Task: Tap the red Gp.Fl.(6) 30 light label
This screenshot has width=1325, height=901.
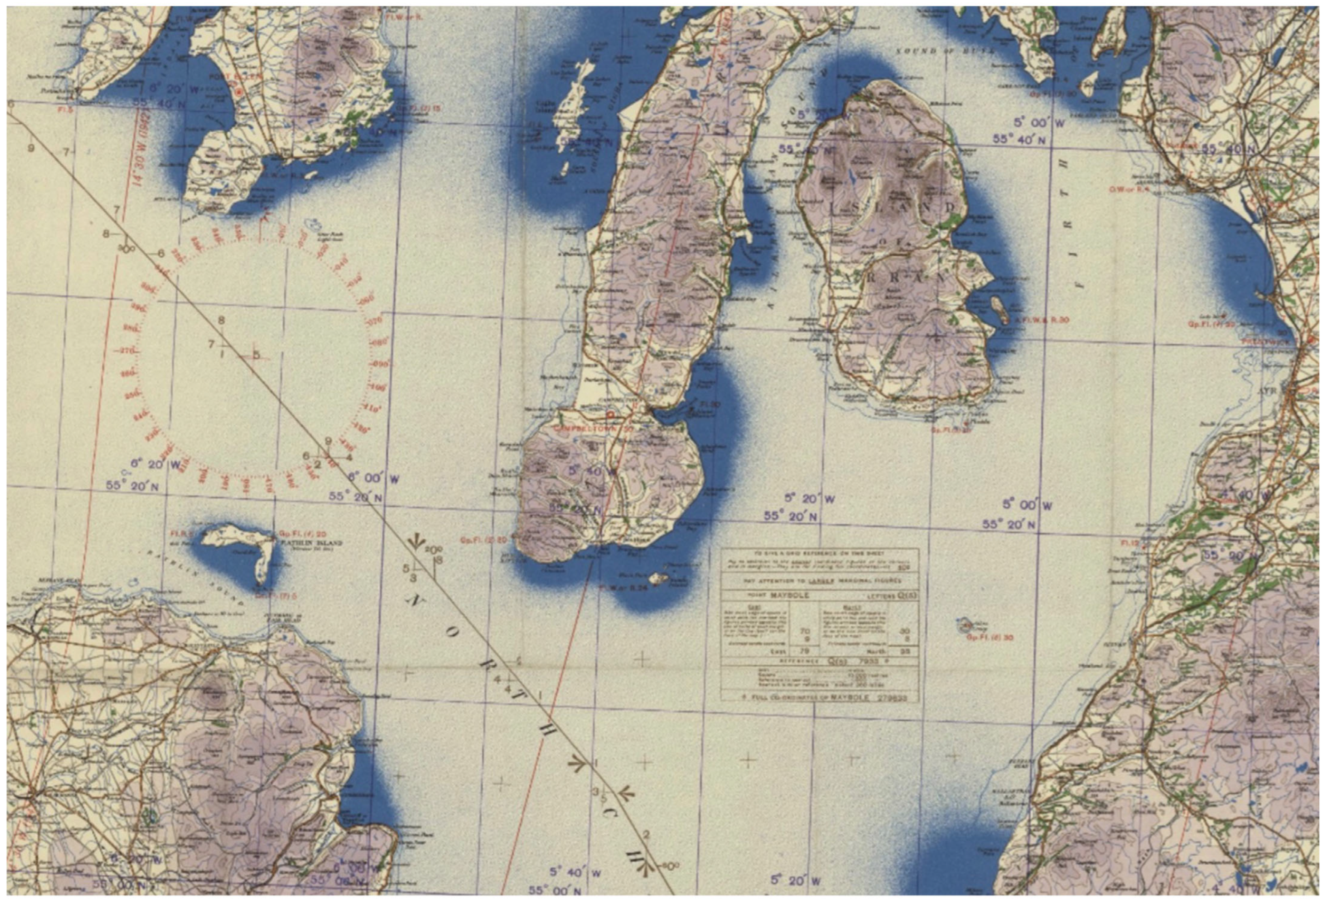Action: coord(990,637)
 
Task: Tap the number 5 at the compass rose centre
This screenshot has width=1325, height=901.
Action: coord(256,355)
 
